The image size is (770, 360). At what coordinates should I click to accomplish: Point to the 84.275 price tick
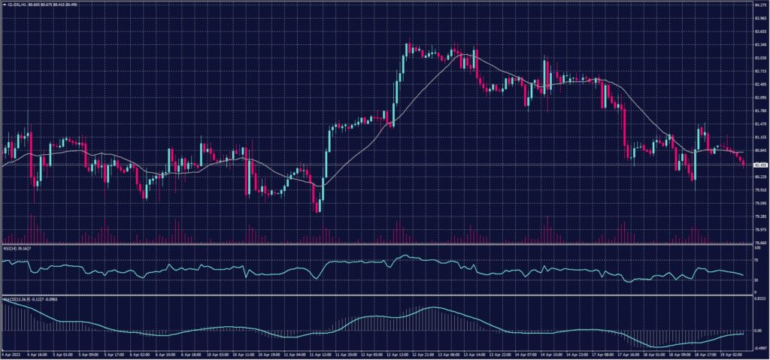(x=759, y=5)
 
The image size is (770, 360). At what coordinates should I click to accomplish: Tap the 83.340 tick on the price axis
(x=759, y=44)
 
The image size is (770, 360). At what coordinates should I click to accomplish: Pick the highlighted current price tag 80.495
(x=759, y=165)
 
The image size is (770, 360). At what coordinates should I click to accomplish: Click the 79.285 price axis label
(x=759, y=216)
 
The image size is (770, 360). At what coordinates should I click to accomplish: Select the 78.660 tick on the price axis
(x=759, y=243)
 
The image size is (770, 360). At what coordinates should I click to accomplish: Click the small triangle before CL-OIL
(x=3, y=4)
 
